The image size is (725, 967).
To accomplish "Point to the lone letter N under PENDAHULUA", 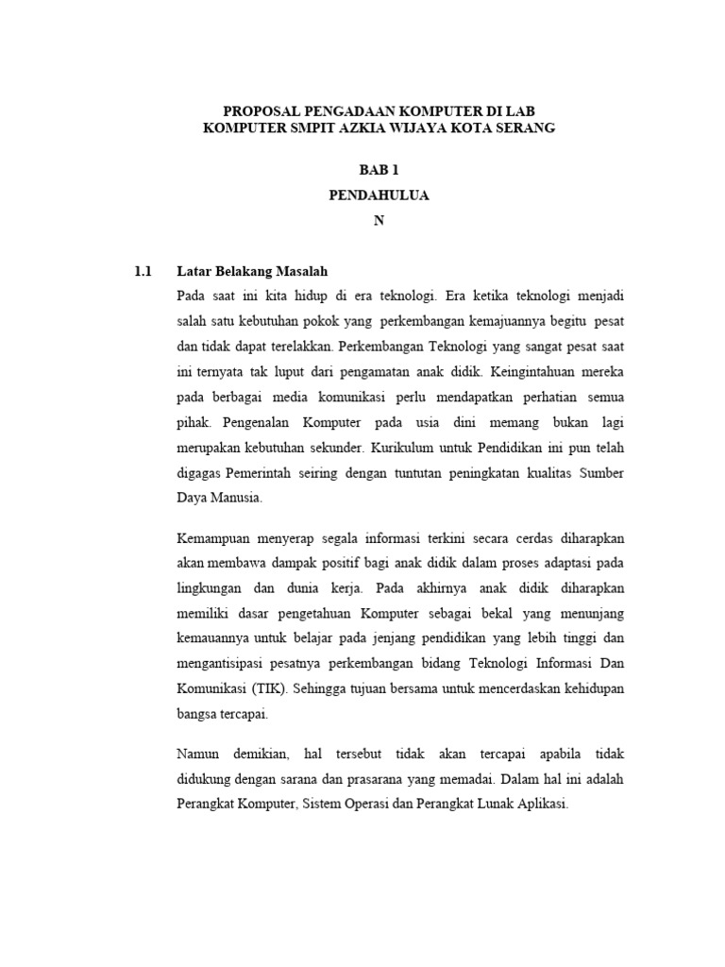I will click(379, 220).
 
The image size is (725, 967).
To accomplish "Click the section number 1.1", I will click(143, 271).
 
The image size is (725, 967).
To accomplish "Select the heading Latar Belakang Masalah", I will click(252, 271).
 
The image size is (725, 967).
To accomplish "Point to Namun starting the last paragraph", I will click(198, 755).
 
